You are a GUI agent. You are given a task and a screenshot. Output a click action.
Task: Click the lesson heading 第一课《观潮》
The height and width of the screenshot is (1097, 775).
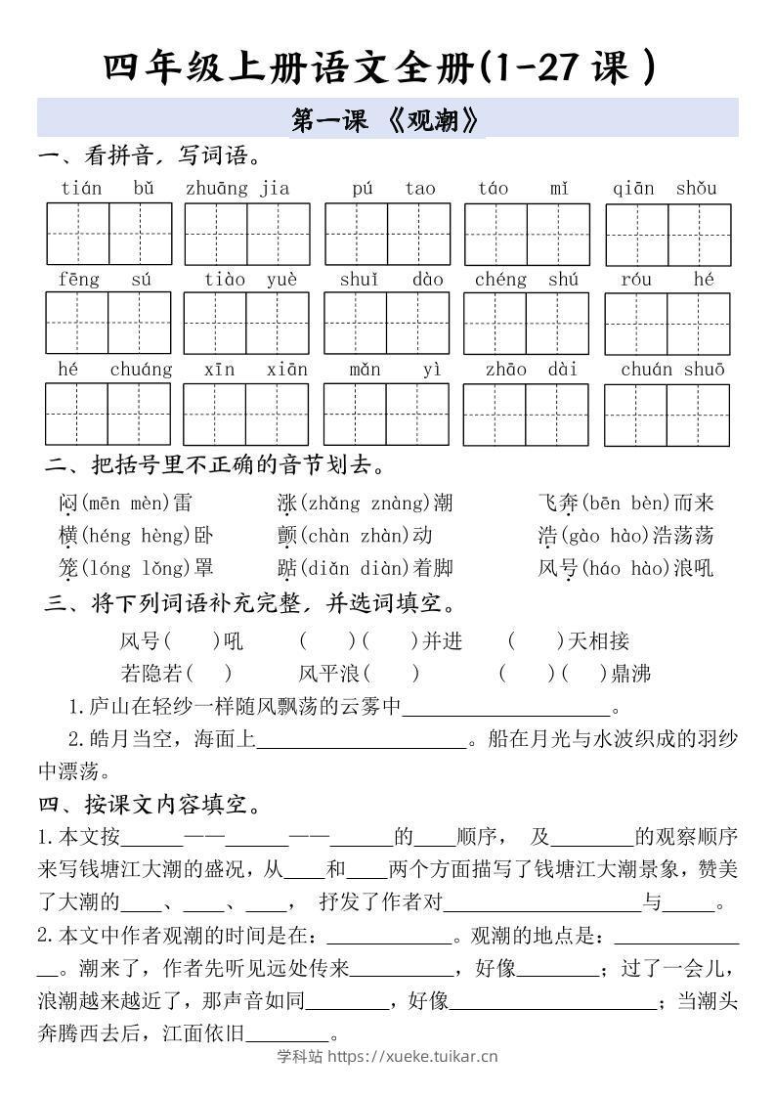pos(387,120)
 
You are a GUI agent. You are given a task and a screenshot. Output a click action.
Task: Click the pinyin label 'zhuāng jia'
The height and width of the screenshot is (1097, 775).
pos(237,188)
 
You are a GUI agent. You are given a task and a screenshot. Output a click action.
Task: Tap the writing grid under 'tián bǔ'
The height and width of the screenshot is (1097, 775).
pos(108,235)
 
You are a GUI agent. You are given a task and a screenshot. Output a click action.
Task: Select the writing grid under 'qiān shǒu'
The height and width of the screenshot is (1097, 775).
pos(667,235)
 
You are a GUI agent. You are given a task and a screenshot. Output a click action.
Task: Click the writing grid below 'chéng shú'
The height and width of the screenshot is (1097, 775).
pos(526,324)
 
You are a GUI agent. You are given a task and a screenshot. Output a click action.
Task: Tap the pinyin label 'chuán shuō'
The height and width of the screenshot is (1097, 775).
pos(672,369)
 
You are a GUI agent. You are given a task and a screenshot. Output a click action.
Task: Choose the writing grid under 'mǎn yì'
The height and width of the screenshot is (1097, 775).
pos(386,415)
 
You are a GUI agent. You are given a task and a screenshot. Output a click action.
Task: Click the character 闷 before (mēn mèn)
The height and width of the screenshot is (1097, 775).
pos(67,504)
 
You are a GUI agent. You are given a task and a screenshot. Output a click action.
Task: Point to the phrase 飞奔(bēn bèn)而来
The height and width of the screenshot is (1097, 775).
pos(625,504)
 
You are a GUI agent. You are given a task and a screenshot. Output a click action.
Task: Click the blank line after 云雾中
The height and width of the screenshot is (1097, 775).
pos(505,709)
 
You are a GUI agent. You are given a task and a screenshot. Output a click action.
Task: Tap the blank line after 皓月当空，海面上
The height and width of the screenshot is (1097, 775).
pos(361,742)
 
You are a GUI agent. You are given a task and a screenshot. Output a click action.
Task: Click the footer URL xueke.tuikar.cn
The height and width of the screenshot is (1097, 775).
pos(411,1056)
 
